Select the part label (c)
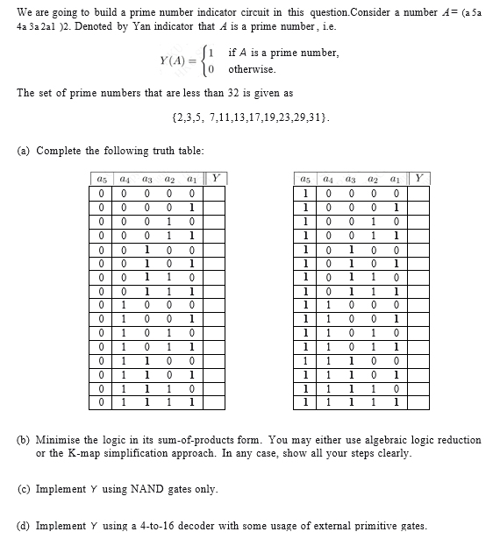25,488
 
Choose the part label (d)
25,526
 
